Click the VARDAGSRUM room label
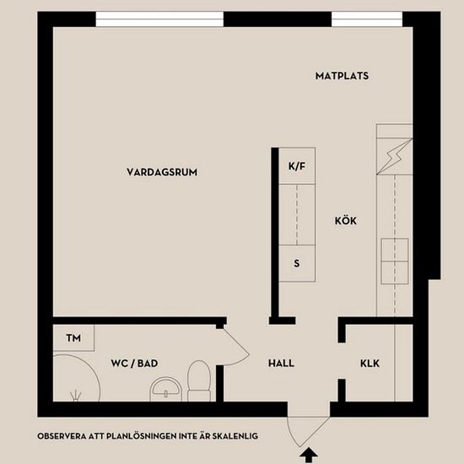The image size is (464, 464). [x=162, y=172]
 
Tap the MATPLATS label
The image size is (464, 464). [x=342, y=76]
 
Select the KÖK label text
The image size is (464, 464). [x=345, y=220]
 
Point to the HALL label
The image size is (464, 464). [x=281, y=363]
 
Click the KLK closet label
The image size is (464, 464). [x=370, y=363]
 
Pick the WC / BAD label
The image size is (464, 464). [x=134, y=363]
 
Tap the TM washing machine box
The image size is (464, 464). [x=73, y=337]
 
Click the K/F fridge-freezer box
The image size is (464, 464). [x=297, y=165]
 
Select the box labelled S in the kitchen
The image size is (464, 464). [x=297, y=263]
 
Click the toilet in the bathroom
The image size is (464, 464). [x=199, y=380]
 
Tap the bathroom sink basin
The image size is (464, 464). [x=165, y=390]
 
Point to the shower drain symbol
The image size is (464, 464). [x=76, y=396]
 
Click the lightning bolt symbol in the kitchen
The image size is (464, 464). [x=392, y=157]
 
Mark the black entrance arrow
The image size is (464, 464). [x=309, y=455]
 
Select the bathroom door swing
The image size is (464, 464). [x=237, y=346]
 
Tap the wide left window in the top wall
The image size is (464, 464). [x=159, y=19]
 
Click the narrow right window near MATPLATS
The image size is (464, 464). [x=367, y=19]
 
